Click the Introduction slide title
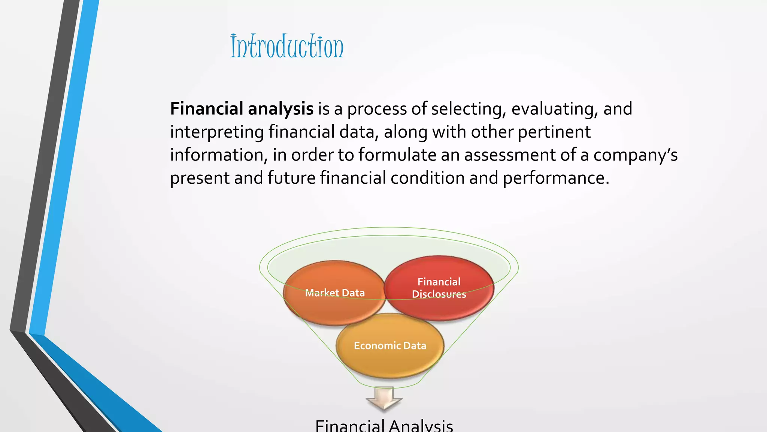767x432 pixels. (287, 46)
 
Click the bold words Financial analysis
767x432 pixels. (242, 109)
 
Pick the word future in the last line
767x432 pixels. (291, 178)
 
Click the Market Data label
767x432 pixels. (335, 293)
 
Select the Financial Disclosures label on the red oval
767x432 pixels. (439, 288)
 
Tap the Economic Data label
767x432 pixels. (390, 345)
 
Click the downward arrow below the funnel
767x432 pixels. (384, 399)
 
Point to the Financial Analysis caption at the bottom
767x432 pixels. (384, 426)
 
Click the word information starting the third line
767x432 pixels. (218, 155)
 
